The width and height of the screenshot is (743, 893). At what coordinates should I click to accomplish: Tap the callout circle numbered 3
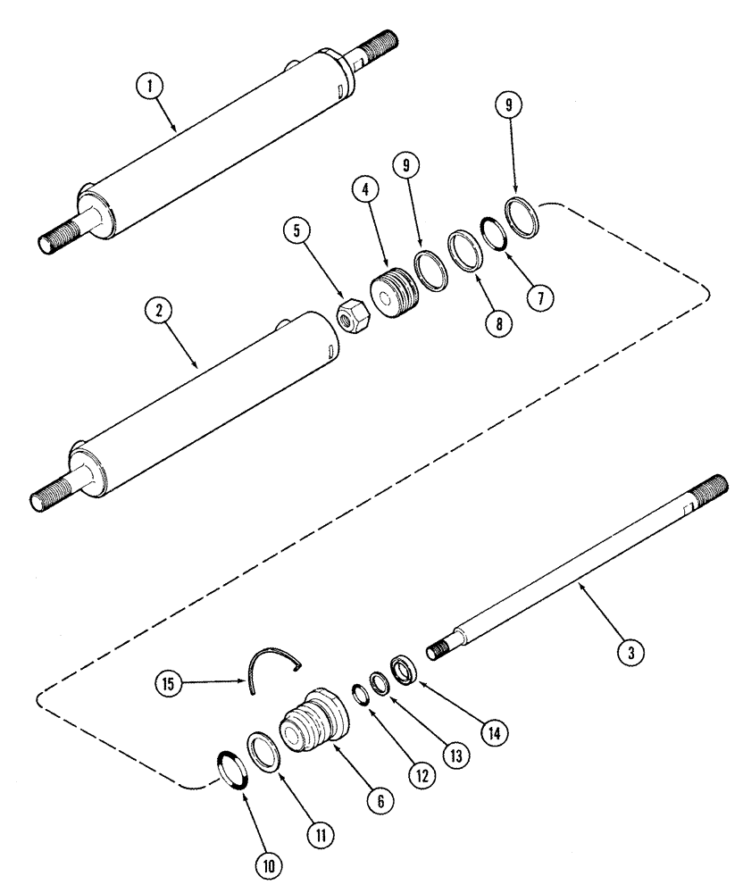pyautogui.click(x=630, y=653)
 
